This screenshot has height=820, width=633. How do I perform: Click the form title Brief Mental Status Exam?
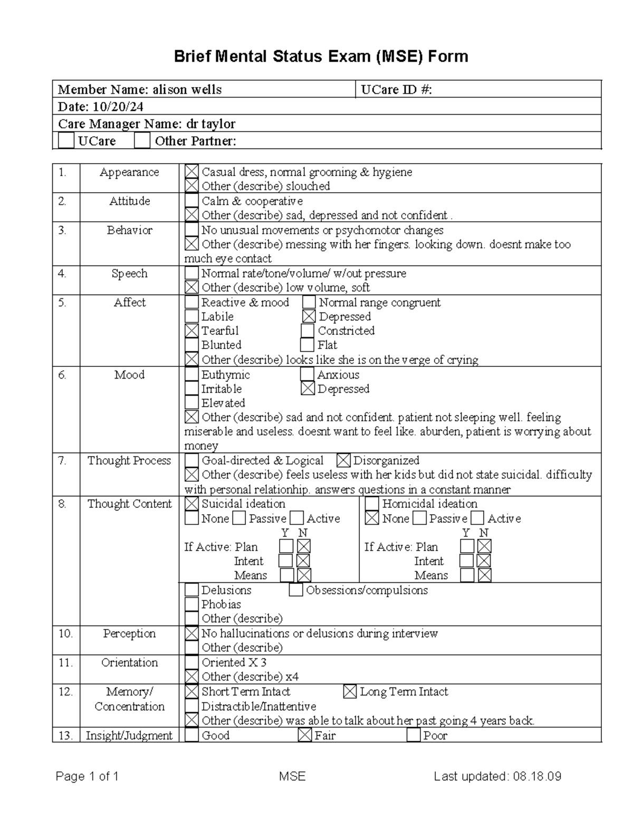[321, 56]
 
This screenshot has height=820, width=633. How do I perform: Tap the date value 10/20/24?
[118, 107]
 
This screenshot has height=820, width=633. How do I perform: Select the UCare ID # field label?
[396, 90]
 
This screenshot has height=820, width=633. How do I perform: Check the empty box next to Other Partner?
[142, 141]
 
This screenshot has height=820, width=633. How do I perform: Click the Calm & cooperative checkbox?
[192, 201]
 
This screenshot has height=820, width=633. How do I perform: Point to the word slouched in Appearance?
[308, 186]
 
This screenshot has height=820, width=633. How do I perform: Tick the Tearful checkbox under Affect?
[192, 331]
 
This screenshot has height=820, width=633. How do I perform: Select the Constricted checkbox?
[308, 331]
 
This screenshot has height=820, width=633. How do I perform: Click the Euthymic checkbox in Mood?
[192, 375]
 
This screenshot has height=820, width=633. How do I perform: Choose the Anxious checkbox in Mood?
[308, 374]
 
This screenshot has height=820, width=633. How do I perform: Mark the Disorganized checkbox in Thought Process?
[343, 460]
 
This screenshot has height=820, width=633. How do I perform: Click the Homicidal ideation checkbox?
[372, 504]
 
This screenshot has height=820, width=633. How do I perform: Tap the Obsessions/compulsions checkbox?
[296, 590]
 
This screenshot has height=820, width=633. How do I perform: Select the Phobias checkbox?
[192, 605]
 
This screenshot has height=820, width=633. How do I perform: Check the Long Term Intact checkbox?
[350, 692]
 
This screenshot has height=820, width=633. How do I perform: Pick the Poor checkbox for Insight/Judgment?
[414, 735]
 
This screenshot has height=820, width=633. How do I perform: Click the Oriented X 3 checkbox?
[192, 663]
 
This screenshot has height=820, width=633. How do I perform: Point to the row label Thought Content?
[129, 504]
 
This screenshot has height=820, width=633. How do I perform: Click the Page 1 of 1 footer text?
[87, 776]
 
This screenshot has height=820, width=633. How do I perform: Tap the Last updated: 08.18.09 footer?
[497, 776]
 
